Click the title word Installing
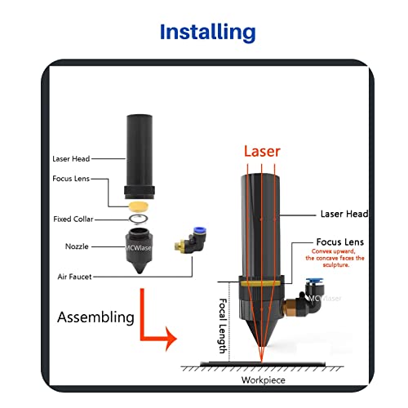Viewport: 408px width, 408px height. coord(207,33)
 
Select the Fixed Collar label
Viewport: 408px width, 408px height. coord(77,220)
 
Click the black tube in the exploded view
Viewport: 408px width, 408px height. coord(138,152)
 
